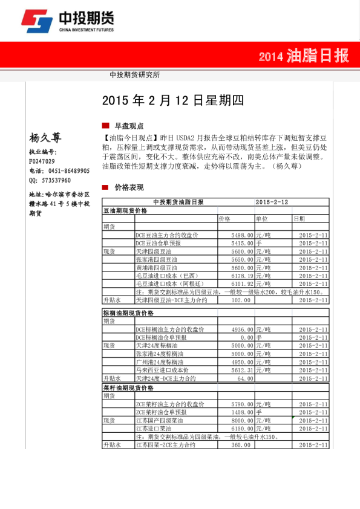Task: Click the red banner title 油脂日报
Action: (318, 56)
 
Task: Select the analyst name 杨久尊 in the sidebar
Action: (45, 138)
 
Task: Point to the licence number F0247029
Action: (42, 161)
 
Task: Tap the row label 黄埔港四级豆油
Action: (157, 267)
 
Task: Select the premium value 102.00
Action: (241, 300)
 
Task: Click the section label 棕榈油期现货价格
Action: (128, 313)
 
